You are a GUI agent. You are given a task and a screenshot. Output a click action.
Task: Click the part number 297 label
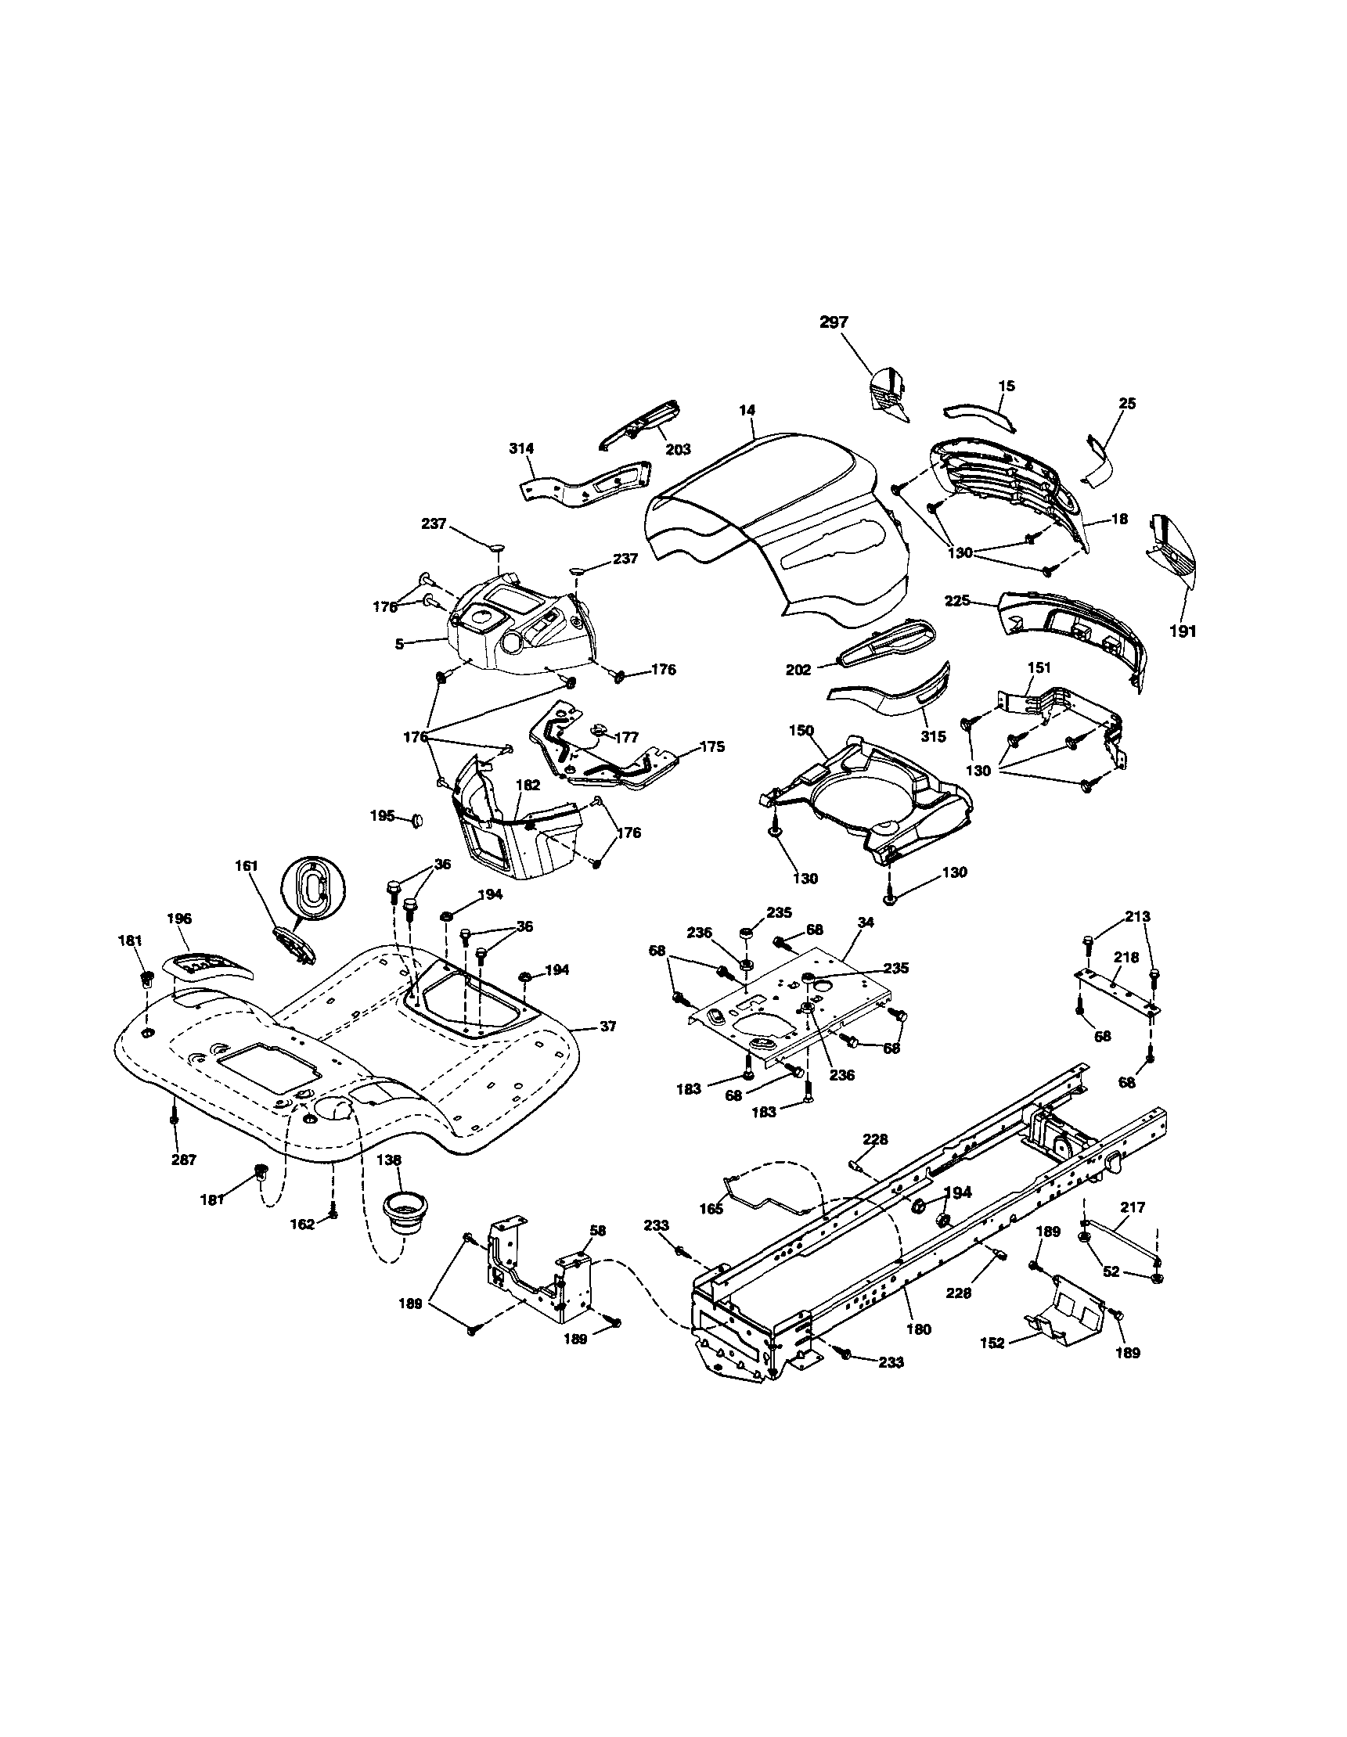coord(834,322)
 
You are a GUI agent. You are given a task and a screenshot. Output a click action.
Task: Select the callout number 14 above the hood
coord(747,411)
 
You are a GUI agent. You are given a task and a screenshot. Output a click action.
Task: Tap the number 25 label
coord(1126,403)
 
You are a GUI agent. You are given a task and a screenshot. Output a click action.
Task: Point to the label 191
coord(1183,632)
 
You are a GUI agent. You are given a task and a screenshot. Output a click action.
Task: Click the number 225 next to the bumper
coord(957,600)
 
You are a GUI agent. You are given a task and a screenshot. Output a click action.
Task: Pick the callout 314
coord(521,448)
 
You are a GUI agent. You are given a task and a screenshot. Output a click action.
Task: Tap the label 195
coord(382,815)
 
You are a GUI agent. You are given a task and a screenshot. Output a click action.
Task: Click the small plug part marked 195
coord(416,820)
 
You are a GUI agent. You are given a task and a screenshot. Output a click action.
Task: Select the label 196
coord(179,918)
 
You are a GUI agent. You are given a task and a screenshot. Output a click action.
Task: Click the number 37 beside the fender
coord(607,1027)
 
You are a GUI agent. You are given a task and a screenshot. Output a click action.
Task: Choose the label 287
coord(184,1160)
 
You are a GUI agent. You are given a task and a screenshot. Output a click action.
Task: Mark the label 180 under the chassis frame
coord(918,1329)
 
